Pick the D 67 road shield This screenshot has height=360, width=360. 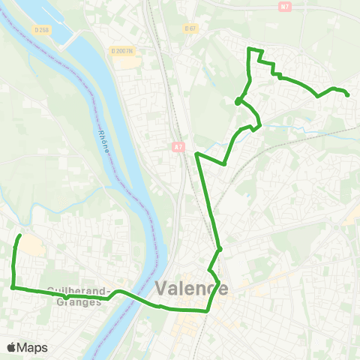tap(190, 28)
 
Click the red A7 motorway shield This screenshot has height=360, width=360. tap(177, 147)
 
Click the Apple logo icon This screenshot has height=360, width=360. tap(12, 347)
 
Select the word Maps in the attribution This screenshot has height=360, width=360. tap(33, 347)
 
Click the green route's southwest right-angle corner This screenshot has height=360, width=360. tap(13, 286)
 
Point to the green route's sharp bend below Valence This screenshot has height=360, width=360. tap(208, 310)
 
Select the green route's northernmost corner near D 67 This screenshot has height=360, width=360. tap(250, 49)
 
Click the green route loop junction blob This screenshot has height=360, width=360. tap(238, 101)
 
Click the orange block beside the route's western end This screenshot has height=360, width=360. tap(30, 245)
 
